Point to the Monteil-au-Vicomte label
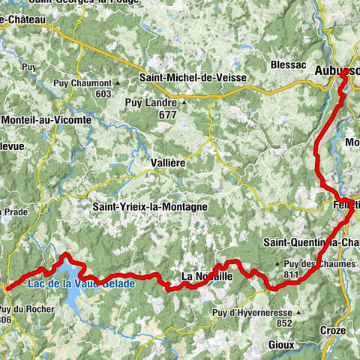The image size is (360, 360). click(x=46, y=120)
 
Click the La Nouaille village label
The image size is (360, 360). click(x=207, y=277)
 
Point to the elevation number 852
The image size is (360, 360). click(x=284, y=323)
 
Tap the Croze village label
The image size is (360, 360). click(x=331, y=330)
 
